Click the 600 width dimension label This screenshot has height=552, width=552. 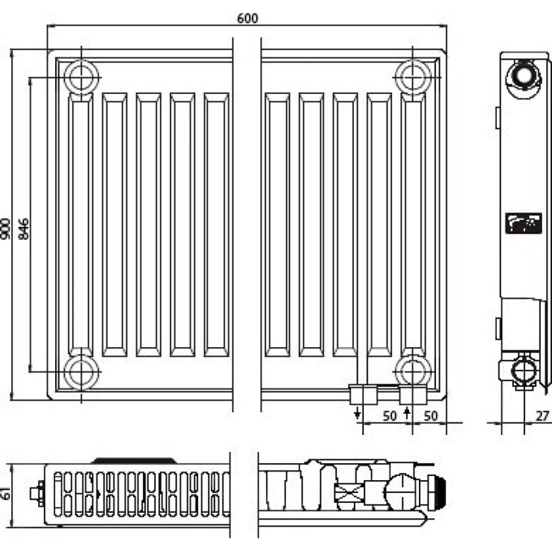(x=248, y=18)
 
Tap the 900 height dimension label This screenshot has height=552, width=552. (x=6, y=229)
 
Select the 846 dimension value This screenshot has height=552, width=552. (x=23, y=229)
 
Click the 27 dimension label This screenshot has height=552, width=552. (x=542, y=416)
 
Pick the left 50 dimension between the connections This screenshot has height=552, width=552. (x=389, y=416)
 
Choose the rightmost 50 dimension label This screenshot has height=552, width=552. (x=431, y=416)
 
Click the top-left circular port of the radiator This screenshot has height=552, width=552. (x=82, y=77)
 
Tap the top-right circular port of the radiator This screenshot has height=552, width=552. (x=413, y=77)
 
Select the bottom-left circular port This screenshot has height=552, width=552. (x=82, y=372)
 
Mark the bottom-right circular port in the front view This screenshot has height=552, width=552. (x=413, y=372)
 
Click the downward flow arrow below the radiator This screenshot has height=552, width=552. (x=358, y=413)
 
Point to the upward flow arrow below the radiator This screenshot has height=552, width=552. (x=407, y=413)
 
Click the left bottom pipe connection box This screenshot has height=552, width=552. (x=363, y=394)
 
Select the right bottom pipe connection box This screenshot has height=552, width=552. (x=413, y=394)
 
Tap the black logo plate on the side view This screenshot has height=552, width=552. (x=524, y=223)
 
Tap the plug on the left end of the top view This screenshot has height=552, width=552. (x=37, y=493)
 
